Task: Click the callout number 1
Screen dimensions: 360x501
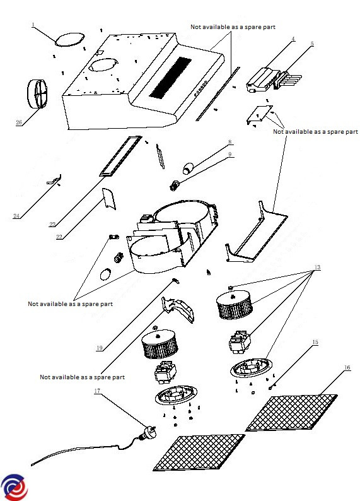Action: (33, 25)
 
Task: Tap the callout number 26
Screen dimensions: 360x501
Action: (19, 122)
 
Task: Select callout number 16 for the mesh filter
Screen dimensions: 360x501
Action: (347, 368)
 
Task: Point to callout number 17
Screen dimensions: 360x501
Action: (97, 391)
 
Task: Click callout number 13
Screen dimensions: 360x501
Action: (317, 267)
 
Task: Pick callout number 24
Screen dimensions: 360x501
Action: (16, 216)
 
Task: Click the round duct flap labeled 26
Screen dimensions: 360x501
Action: (37, 93)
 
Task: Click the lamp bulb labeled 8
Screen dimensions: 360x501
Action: (188, 168)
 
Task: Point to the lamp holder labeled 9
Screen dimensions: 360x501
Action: (174, 186)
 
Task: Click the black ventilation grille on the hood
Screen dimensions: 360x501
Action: (170, 78)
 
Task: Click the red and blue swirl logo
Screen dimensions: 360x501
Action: (15, 487)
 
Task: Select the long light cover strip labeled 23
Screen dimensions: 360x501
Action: (120, 156)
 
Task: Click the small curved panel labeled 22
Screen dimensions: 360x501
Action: (109, 198)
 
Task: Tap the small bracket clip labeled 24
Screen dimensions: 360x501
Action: (54, 180)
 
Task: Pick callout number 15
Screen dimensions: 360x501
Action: (315, 342)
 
